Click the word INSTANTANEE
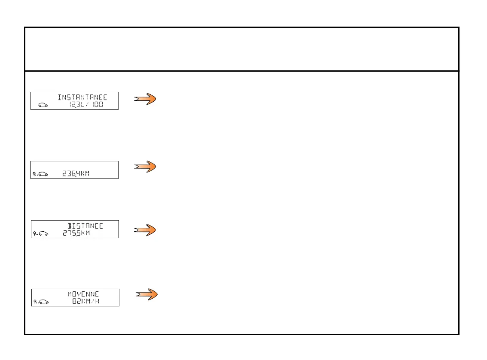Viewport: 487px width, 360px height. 82,97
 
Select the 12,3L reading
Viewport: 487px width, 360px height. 77,104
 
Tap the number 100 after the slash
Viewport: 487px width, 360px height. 97,104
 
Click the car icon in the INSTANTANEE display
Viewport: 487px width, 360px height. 43,105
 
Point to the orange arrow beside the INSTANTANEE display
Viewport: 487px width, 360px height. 145,99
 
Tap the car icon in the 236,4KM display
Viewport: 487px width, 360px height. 43,174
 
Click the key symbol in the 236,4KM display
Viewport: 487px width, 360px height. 34,174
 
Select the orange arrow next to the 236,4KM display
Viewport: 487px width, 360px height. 145,166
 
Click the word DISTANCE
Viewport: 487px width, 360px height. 85,226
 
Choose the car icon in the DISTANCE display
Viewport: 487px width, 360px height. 43,234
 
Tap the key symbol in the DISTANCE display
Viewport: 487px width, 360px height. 34,233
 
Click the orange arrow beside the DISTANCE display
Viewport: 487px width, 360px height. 145,230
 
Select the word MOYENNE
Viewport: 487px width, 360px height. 83,294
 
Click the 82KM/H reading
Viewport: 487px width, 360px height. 86,301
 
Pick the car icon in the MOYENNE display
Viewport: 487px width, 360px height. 43,302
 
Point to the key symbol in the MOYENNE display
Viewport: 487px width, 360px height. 34,302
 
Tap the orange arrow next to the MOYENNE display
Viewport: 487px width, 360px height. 147,294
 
